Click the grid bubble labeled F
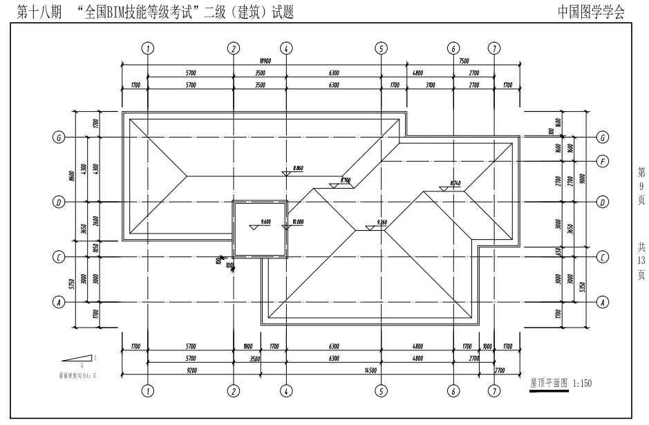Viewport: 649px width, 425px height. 603,162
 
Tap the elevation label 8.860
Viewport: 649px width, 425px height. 299,168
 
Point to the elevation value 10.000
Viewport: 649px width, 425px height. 299,222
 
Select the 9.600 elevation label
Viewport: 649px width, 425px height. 265,222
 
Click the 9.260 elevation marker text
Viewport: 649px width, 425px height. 382,222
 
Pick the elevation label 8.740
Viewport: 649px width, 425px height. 455,183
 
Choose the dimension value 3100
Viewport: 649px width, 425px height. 430,85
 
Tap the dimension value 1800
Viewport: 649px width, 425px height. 247,348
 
